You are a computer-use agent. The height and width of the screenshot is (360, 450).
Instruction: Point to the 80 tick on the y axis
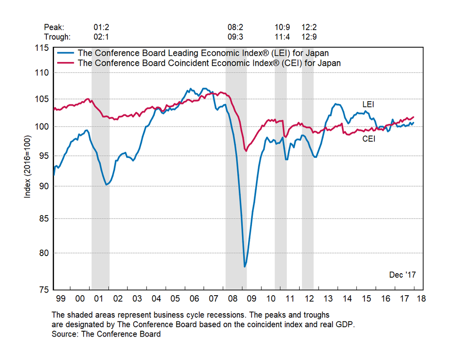45,252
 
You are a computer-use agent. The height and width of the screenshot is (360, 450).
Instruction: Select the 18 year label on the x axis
421,298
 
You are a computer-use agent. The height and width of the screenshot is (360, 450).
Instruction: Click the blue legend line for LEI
66,53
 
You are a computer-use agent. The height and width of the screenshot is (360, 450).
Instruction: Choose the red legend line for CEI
66,63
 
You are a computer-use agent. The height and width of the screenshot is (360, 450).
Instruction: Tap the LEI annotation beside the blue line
369,104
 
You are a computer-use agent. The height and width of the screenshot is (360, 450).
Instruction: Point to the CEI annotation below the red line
369,139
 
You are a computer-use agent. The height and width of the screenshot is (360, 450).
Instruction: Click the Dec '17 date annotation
402,274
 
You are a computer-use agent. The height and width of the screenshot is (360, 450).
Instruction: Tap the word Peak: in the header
53,27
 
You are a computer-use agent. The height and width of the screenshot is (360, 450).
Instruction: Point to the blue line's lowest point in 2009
245,267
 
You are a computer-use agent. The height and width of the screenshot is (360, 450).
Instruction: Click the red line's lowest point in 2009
246,151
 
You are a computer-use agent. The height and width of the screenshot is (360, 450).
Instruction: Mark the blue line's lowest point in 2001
106,184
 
